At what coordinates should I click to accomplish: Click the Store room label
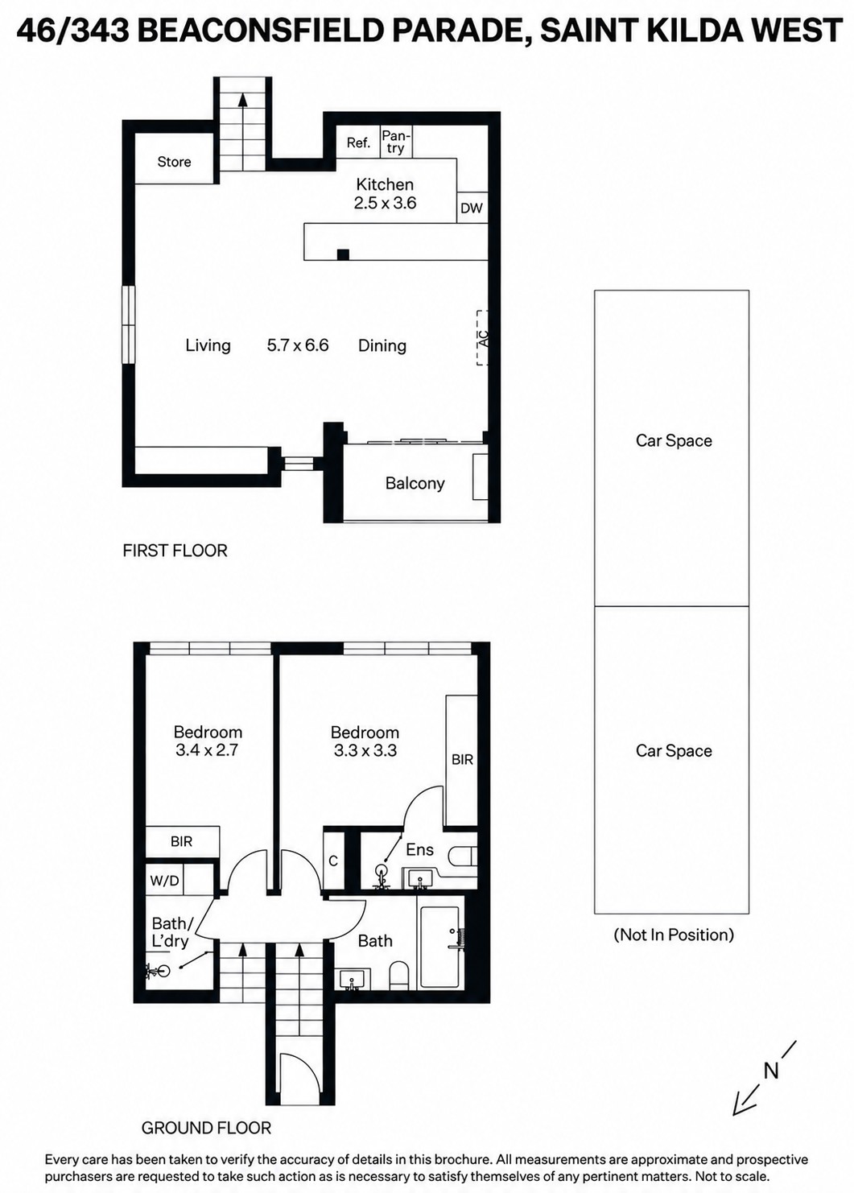point(174,162)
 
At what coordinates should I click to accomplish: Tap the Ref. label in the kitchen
point(358,142)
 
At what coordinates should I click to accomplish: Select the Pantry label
point(395,142)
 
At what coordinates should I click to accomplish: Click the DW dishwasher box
point(472,208)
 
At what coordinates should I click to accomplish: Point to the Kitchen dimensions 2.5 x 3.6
point(385,203)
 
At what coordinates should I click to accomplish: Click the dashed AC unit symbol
point(482,338)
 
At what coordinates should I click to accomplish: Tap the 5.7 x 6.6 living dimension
point(298,345)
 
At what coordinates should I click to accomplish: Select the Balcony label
point(415,483)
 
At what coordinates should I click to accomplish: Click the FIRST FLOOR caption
point(175,550)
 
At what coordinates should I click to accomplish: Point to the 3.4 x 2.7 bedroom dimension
point(207,750)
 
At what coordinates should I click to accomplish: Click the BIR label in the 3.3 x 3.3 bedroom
point(462,759)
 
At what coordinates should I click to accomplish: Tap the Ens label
point(419,849)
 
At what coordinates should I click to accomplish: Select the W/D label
point(164,881)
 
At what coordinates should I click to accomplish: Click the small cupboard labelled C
point(333,861)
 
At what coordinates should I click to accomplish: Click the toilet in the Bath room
point(398,975)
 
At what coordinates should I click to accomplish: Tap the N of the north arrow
point(771,1071)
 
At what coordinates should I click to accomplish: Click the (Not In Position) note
point(674,935)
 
